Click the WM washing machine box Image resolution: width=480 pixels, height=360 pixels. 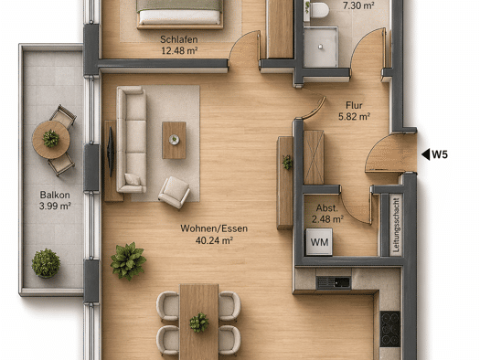point(319,241)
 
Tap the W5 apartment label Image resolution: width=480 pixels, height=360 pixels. point(440,154)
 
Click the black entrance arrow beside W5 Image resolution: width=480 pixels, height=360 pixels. point(425,154)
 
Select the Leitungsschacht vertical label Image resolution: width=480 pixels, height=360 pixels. point(396,225)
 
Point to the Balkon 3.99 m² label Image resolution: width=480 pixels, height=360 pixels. point(55,200)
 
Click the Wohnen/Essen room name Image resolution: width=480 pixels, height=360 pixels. point(214,228)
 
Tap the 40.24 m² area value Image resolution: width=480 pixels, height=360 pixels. point(214,240)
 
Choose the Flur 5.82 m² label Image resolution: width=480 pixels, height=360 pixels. point(354,111)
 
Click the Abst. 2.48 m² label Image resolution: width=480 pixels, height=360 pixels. point(327,214)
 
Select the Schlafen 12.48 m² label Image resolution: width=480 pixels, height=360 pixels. point(179,45)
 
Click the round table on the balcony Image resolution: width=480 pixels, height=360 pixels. point(51,140)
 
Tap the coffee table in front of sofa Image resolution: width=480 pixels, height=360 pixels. point(175,140)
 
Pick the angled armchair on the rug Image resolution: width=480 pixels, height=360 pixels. point(175,192)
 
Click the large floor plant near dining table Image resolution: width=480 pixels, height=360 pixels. point(128,261)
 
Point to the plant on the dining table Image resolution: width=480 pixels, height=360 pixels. point(199,323)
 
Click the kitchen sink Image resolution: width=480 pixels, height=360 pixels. point(334,282)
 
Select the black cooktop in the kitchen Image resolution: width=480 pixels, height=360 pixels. point(390,329)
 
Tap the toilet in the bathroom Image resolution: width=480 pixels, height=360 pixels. point(319,10)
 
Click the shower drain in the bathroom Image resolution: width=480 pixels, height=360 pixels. point(321,47)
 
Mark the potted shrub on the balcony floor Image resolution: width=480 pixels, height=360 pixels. point(46,263)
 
